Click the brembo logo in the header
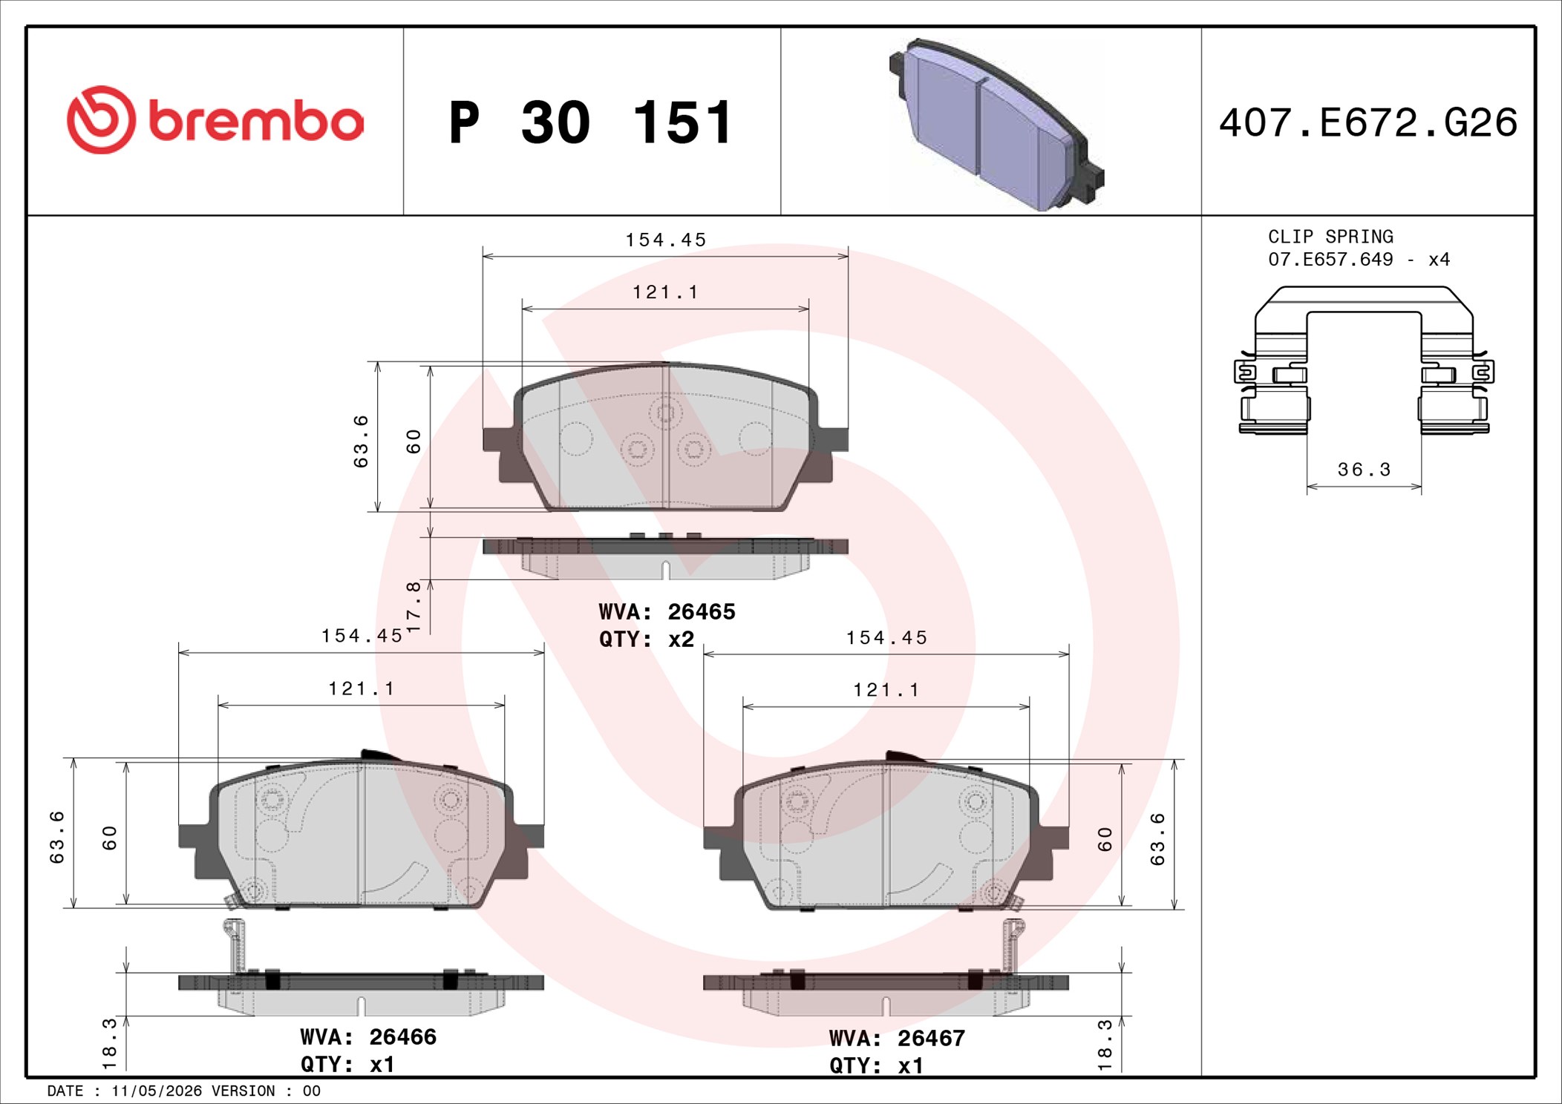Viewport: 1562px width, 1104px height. click(215, 120)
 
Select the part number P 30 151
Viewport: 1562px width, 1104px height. click(591, 122)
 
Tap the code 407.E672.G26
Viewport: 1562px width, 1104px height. click(1368, 122)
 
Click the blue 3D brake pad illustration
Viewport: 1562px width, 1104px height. click(996, 125)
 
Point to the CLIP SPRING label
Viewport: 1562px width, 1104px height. click(1330, 237)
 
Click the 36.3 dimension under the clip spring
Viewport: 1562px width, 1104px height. click(1364, 470)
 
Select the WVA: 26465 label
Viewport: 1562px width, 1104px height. click(667, 611)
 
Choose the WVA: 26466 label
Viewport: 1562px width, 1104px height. click(368, 1036)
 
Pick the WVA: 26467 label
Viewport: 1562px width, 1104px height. click(897, 1038)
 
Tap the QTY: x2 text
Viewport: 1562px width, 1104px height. click(646, 639)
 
